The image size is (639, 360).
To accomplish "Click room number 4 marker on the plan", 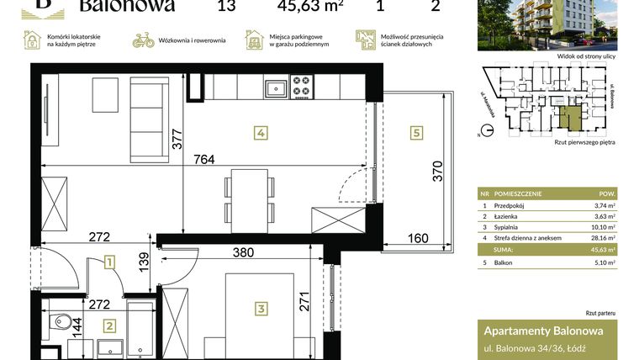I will (x=261, y=133).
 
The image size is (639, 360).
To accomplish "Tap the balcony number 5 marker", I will (x=415, y=133).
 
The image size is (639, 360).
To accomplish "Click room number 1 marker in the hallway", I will (x=110, y=263).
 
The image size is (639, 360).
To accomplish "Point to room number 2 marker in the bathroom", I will (x=108, y=326).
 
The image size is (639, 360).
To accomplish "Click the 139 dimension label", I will (x=144, y=265).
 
